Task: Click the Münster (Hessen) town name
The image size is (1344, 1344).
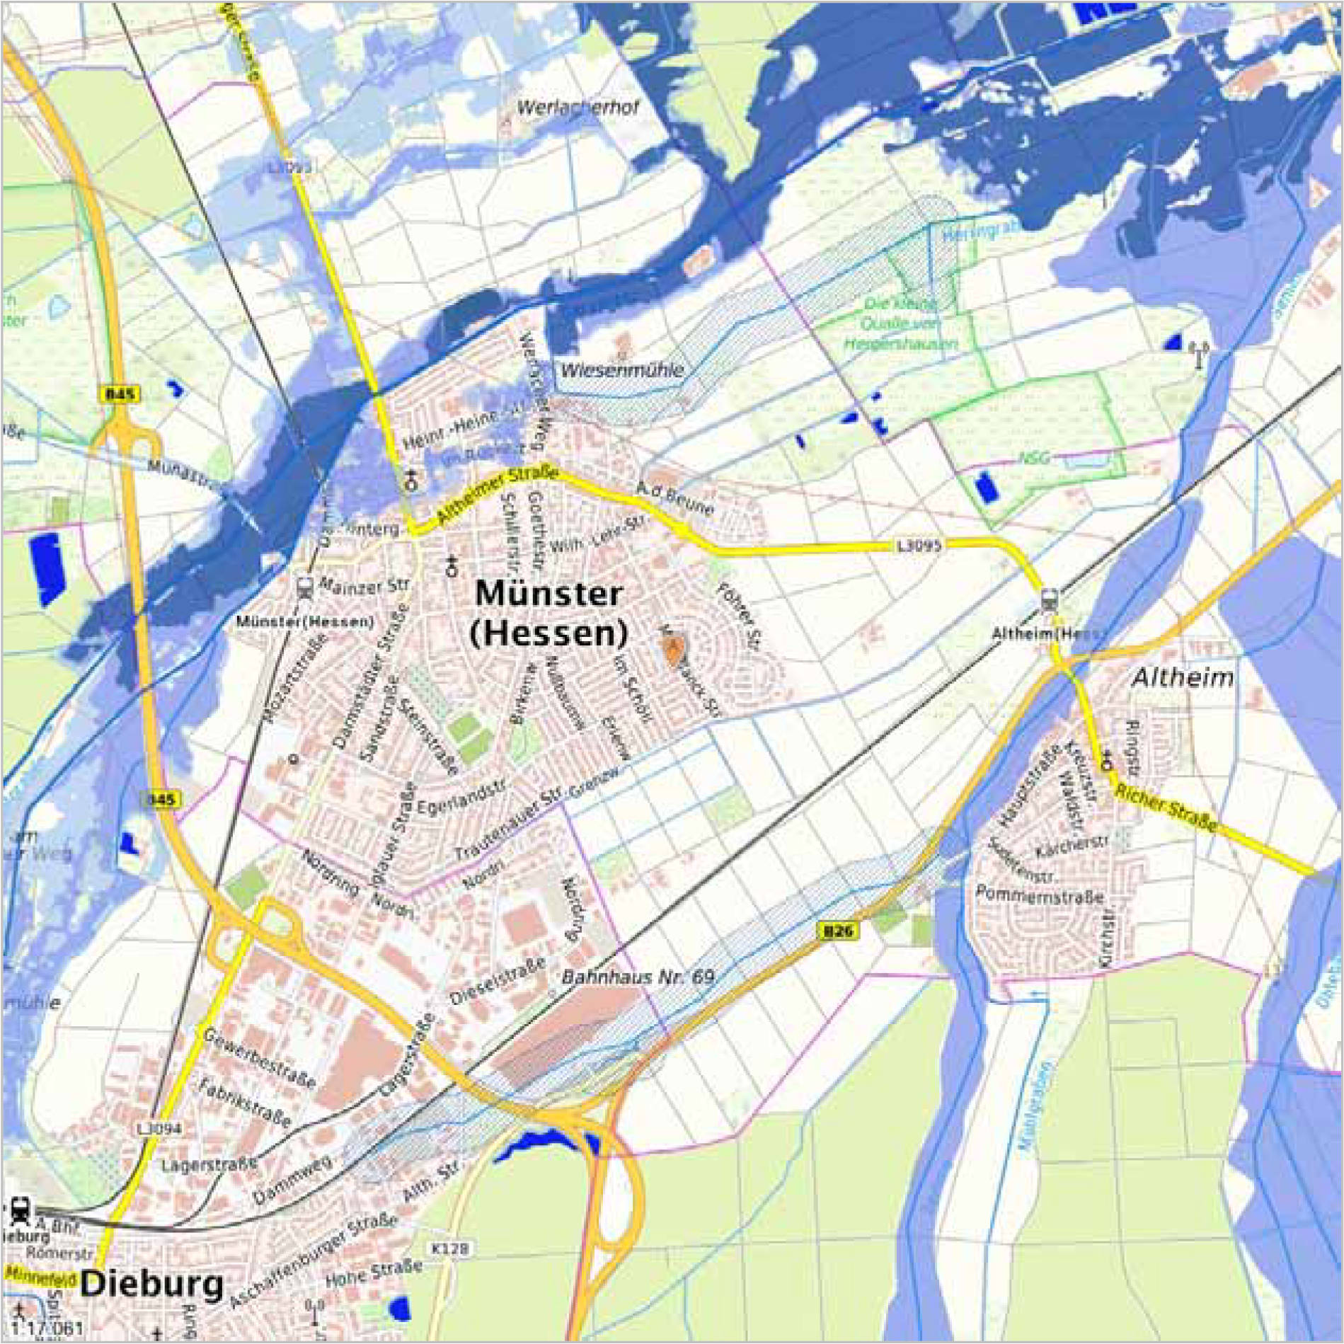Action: point(548,613)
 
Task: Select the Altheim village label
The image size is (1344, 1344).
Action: point(1183,677)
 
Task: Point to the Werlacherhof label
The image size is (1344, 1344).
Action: point(578,108)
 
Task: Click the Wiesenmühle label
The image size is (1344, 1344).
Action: point(623,369)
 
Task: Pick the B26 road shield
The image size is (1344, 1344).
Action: point(839,931)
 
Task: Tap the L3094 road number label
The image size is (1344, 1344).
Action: point(160,1128)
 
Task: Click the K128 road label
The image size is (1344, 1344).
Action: point(449,1248)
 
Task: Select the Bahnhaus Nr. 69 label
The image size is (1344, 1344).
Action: point(638,977)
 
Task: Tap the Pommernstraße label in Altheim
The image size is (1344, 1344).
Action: point(1040,895)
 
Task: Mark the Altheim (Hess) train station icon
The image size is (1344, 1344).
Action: point(1049,602)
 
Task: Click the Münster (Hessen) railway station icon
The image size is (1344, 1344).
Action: point(305,587)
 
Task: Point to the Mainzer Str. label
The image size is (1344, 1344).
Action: point(364,586)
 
